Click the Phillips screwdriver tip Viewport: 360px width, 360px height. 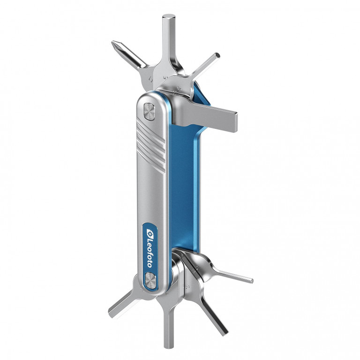click(x=115, y=45)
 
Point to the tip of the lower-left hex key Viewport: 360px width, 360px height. click(x=112, y=311)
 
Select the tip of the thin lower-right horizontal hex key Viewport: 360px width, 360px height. click(x=251, y=281)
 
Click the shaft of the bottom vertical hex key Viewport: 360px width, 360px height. click(x=168, y=323)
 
